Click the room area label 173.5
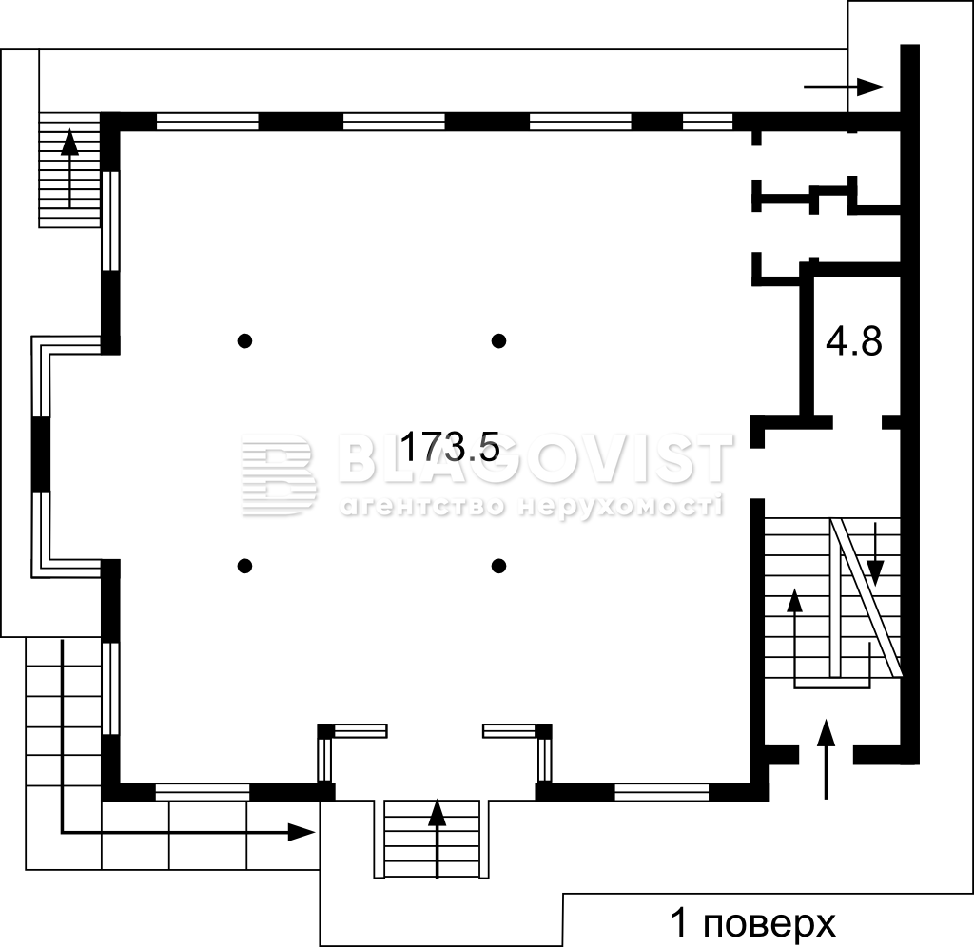point(450,447)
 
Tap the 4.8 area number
point(853,341)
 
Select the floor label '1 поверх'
point(753,923)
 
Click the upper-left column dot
point(244,340)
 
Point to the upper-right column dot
point(498,340)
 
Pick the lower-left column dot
point(244,566)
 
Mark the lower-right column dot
point(498,566)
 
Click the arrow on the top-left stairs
point(69,167)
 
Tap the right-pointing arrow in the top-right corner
point(845,87)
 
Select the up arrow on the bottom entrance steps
point(438,839)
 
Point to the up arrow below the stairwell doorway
point(826,759)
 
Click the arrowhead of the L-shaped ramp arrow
point(302,832)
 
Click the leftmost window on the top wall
point(207,122)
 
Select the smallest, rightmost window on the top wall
point(708,122)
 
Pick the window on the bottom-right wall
point(662,792)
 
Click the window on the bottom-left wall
point(203,792)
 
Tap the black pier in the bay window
point(41,454)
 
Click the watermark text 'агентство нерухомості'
point(532,507)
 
